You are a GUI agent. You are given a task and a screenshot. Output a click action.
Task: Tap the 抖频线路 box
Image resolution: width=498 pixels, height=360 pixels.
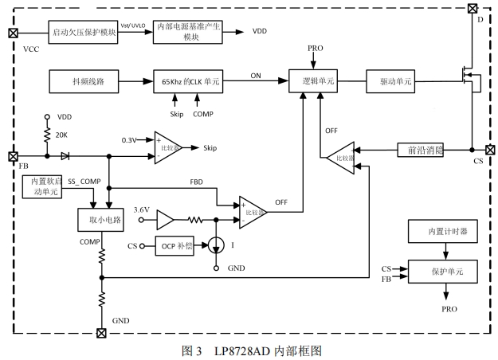coord(84,81)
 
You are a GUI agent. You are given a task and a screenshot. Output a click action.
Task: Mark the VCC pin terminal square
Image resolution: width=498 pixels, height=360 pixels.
coord(13,33)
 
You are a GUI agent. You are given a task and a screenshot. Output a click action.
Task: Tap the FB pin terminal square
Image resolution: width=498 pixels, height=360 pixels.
coord(13,157)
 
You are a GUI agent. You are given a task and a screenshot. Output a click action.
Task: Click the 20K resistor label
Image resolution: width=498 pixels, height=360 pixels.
coord(62,134)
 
